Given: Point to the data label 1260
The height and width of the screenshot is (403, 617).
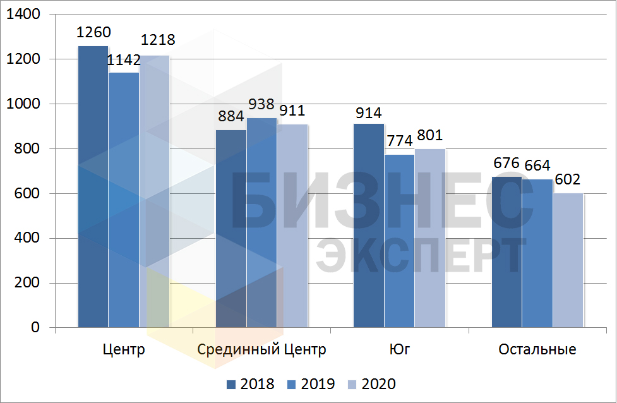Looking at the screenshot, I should (93, 32).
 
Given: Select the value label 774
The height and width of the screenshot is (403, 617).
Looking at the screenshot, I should (400, 140).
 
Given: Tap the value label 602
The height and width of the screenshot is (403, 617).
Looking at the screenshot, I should (568, 179).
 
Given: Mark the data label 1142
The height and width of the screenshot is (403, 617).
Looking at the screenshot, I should (123, 60).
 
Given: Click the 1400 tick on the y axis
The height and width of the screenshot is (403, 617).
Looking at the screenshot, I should (25, 15).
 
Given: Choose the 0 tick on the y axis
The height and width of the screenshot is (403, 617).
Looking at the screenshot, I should (34, 328).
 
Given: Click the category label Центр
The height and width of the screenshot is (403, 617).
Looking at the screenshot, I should (123, 349).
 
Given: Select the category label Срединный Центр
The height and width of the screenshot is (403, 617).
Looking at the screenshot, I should (261, 349).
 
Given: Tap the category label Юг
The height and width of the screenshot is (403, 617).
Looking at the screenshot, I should (399, 349).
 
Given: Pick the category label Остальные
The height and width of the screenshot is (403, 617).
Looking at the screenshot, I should (537, 349).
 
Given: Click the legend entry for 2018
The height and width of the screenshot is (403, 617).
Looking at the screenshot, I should (250, 384).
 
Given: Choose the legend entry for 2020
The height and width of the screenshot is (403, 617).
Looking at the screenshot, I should (373, 384).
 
